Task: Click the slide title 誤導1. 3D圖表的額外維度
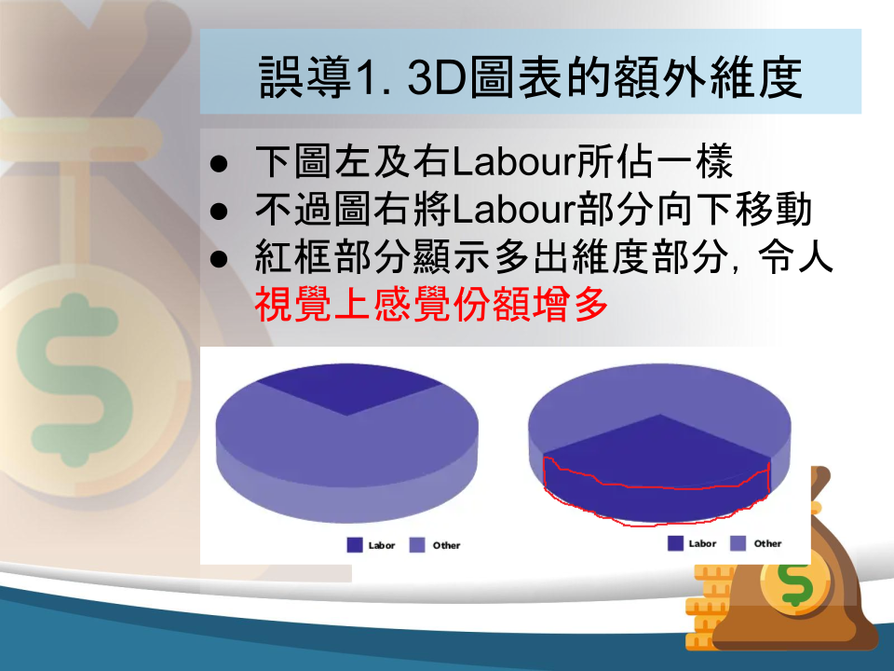[x=530, y=77]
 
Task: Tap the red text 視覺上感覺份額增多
[x=431, y=304]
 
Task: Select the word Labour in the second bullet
[x=514, y=210]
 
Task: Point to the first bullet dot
[x=218, y=164]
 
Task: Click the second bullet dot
[x=218, y=212]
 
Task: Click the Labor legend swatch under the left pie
[x=355, y=545]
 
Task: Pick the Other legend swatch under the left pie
[x=417, y=545]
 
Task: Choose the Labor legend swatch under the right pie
[x=676, y=543]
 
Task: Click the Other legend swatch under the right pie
[x=738, y=543]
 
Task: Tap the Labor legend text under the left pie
[x=382, y=545]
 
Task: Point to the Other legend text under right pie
[x=767, y=543]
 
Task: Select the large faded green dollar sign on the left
[x=75, y=379]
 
